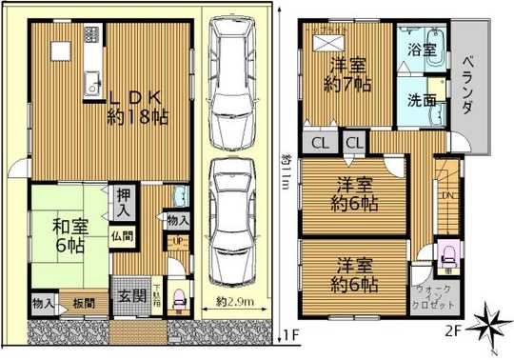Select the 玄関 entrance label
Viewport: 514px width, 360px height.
pyautogui.click(x=132, y=295)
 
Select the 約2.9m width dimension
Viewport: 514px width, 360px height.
pyautogui.click(x=232, y=302)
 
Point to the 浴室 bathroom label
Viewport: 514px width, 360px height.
pyautogui.click(x=423, y=47)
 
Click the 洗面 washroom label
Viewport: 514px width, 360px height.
pyautogui.click(x=422, y=99)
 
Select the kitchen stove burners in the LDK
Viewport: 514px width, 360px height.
pyautogui.click(x=92, y=34)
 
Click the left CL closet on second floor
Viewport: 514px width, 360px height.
pyautogui.click(x=316, y=143)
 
